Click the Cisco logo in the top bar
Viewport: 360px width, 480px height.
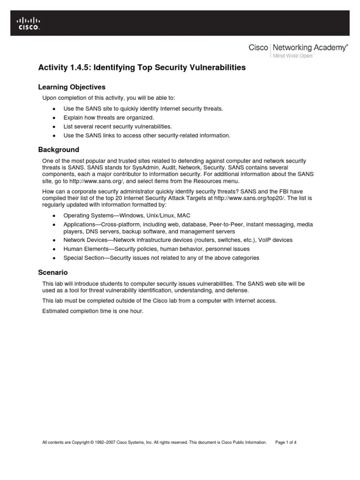point(29,23)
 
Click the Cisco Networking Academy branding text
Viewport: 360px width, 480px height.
point(298,47)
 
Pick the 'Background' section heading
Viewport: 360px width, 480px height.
point(58,150)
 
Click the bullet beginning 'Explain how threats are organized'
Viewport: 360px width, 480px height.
point(108,118)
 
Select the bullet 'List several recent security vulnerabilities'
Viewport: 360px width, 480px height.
point(118,127)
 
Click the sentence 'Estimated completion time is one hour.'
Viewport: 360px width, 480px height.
point(93,311)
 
